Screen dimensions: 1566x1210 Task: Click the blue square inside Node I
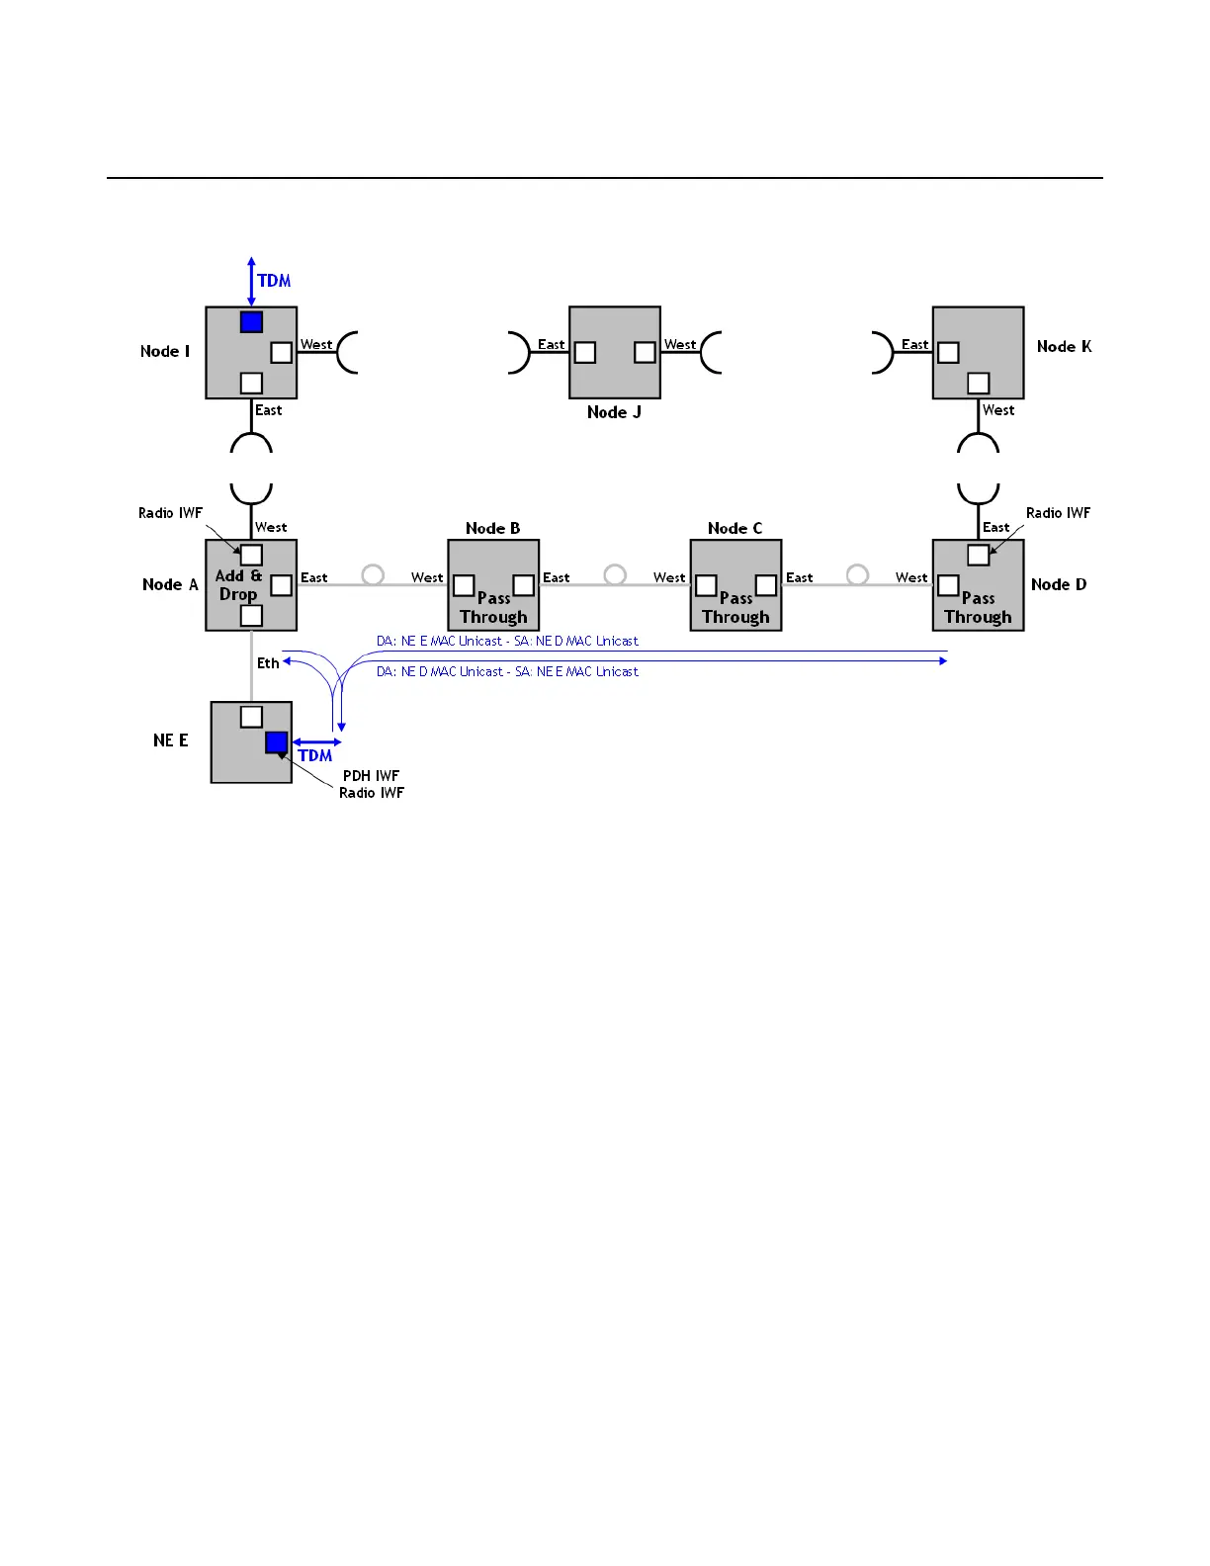point(251,322)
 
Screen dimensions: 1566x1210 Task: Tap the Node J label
point(614,412)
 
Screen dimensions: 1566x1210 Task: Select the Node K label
point(1064,346)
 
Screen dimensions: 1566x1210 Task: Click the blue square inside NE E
point(277,742)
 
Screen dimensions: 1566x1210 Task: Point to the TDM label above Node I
point(274,281)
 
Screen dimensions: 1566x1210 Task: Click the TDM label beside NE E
point(315,755)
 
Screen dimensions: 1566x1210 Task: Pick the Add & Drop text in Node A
point(238,584)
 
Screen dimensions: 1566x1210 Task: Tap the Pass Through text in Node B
point(493,608)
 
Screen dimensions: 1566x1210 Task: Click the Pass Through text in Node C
point(735,608)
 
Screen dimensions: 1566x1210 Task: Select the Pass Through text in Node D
point(978,608)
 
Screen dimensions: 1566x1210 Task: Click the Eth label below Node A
point(268,663)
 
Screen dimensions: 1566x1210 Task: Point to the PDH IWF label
point(371,776)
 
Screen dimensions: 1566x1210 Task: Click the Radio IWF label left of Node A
point(170,513)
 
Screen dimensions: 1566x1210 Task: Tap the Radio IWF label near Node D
point(1058,513)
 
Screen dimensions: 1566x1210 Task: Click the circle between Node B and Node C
point(615,574)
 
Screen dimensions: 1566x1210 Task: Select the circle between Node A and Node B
point(373,574)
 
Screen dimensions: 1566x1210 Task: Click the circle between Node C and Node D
point(857,574)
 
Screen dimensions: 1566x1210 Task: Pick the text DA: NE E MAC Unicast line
point(507,641)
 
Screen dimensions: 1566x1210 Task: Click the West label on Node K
point(998,410)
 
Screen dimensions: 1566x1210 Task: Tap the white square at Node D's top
point(978,555)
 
